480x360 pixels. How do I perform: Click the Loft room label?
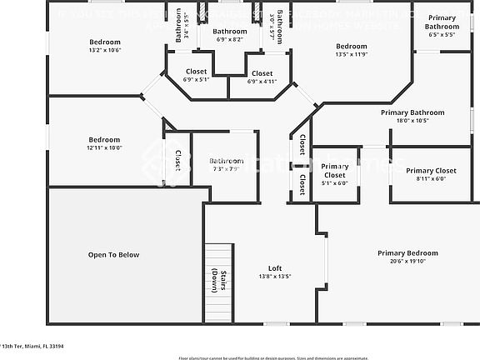263,267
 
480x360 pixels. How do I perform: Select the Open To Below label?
114,255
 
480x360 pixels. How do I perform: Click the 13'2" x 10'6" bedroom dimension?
105,50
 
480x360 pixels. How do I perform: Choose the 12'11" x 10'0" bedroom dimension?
104,147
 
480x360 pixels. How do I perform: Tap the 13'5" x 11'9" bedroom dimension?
351,55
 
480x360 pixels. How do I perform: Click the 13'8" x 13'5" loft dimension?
263,276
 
